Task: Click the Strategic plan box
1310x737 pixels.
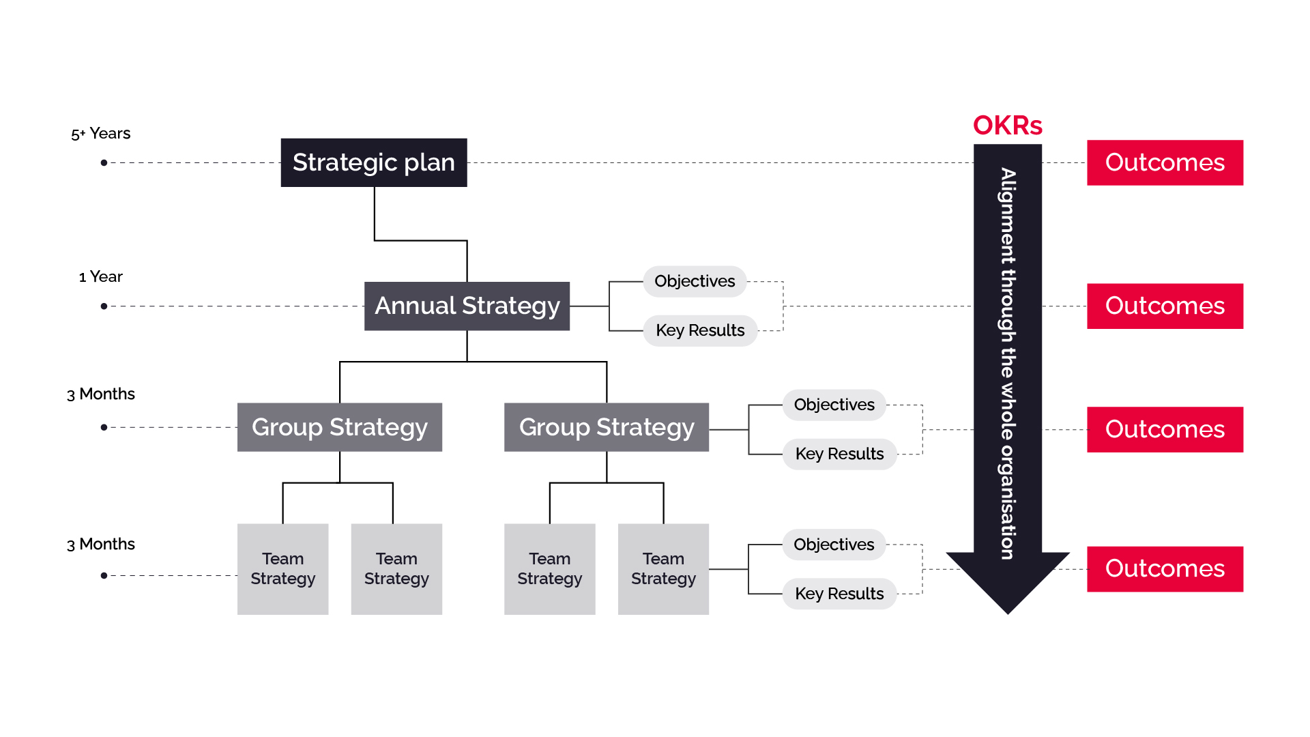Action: coord(374,162)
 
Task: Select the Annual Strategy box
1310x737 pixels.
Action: coord(467,306)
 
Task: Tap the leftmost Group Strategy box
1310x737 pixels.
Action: coord(339,427)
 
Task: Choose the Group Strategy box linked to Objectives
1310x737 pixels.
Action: coord(606,427)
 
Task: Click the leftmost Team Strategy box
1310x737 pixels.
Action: coord(282,568)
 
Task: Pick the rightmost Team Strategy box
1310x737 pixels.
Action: coord(663,568)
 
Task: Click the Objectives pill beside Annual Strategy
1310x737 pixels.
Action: coord(695,281)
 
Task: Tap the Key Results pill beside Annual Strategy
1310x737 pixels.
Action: coord(700,330)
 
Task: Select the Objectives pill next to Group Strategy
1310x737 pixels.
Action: coord(834,405)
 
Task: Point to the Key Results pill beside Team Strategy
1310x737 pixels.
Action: coord(839,594)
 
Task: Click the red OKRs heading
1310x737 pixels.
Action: coord(1007,126)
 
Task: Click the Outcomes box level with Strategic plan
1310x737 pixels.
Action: coord(1165,162)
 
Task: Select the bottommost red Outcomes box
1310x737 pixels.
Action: coord(1165,568)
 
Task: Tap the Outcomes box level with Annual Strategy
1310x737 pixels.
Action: coord(1165,306)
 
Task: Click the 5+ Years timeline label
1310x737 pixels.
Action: coord(101,134)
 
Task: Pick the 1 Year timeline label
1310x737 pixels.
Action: coord(101,276)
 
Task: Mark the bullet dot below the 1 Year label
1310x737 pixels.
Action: coord(104,306)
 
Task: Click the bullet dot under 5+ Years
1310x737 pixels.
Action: coord(104,162)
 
